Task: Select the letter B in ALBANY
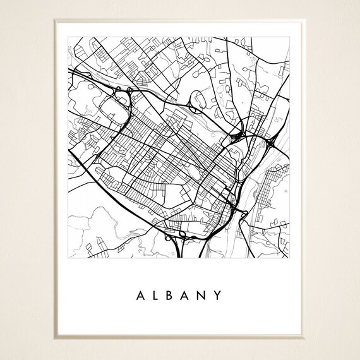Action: click(x=171, y=295)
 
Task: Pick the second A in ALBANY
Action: click(x=187, y=295)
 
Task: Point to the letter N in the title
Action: click(x=203, y=295)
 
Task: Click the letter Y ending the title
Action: click(x=219, y=295)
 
